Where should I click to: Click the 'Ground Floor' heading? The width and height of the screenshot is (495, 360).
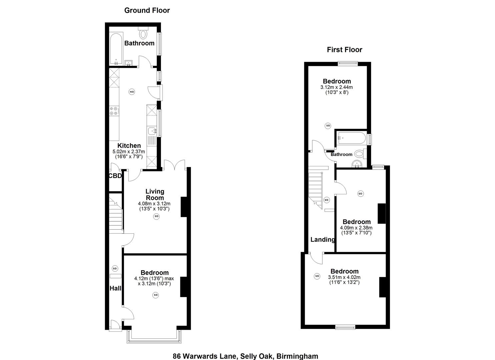pos(147,10)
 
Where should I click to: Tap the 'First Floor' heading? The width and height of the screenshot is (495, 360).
pos(344,50)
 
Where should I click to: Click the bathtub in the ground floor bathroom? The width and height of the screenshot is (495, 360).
pos(116,49)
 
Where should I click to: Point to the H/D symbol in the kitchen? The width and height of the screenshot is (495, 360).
pos(132,92)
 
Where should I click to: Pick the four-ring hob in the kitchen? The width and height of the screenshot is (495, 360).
pos(114,111)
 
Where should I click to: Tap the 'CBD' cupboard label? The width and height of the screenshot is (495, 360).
pos(115,176)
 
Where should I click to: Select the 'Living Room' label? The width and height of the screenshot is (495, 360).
pos(155,194)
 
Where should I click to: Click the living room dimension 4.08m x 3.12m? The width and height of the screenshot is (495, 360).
pos(154,204)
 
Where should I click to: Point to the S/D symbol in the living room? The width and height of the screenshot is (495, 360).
pos(156,216)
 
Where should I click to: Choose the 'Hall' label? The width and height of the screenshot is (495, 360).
pos(115,288)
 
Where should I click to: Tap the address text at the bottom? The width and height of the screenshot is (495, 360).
pos(245,356)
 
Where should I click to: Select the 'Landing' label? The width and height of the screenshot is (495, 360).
pos(322,239)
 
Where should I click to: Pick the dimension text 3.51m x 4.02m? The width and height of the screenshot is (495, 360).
pos(344,277)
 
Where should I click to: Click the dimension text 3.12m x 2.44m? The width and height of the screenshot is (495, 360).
pos(336,87)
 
